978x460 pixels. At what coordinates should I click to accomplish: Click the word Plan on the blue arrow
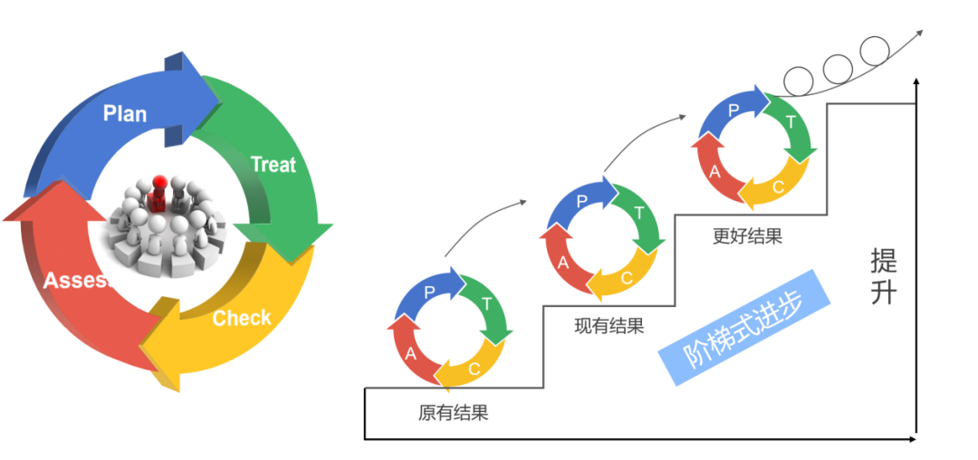[x=125, y=113]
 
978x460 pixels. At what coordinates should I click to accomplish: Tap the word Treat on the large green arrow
[x=273, y=164]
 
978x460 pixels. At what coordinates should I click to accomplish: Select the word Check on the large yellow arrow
[x=241, y=318]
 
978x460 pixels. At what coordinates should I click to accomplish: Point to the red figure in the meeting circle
[x=159, y=190]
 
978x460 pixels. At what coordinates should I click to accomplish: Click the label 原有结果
[x=453, y=414]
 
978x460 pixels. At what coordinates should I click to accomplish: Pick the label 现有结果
[x=609, y=326]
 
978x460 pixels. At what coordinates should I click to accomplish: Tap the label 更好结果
[x=747, y=237]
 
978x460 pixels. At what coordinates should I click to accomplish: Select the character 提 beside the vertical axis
[x=884, y=261]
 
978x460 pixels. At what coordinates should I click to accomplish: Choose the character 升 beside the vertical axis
[x=884, y=292]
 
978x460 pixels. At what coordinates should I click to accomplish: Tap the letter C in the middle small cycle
[x=627, y=278]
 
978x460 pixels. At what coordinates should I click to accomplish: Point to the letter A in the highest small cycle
[x=714, y=172]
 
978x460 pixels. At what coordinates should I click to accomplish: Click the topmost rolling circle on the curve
[x=875, y=49]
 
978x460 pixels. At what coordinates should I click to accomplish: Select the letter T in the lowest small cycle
[x=486, y=303]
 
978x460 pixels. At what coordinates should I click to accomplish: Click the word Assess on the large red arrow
[x=76, y=280]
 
